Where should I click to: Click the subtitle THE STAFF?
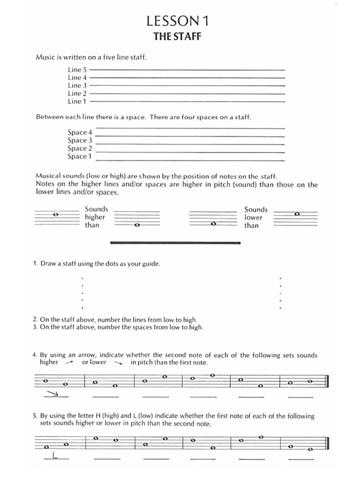tap(177, 36)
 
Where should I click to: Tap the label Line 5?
tap(77, 69)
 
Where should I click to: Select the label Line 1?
tap(77, 101)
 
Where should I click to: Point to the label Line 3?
tap(77, 85)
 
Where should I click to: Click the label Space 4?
tap(80, 132)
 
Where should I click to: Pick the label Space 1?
tap(80, 156)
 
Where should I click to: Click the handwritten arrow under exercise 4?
tap(55, 394)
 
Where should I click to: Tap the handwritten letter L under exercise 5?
tap(55, 455)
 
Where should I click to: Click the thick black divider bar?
tap(175, 243)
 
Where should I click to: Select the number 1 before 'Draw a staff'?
tap(35, 263)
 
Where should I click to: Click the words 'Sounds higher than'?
tap(96, 217)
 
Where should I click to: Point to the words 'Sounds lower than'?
tap(255, 217)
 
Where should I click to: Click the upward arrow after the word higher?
tap(70, 362)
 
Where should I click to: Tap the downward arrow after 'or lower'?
tap(118, 362)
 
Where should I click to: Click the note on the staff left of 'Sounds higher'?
tap(56, 214)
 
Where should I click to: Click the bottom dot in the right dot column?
tap(280, 308)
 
